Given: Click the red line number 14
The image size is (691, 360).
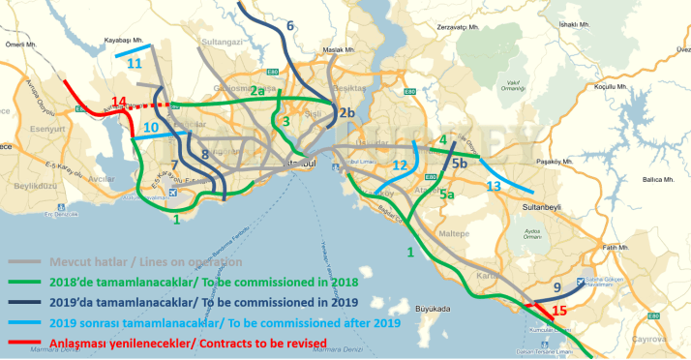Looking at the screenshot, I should tap(119, 102).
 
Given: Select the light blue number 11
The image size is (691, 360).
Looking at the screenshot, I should tap(134, 64).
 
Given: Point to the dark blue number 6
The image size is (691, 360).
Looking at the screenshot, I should tap(291, 24).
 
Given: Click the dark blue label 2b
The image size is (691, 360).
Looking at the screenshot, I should tap(347, 113).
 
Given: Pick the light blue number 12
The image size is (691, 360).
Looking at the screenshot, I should tap(401, 165).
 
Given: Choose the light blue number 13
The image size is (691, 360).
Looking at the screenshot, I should tap(494, 185).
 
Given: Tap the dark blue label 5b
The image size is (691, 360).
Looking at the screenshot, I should tap(460, 164).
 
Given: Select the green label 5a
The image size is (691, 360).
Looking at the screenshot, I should tap(448, 195).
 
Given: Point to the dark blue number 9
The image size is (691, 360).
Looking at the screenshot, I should tap(556, 287).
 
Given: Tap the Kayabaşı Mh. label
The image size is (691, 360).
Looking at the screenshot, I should tap(124, 41).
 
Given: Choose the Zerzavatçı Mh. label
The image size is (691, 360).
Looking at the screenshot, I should tap(458, 28).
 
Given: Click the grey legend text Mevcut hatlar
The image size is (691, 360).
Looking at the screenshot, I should tap(52, 262).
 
